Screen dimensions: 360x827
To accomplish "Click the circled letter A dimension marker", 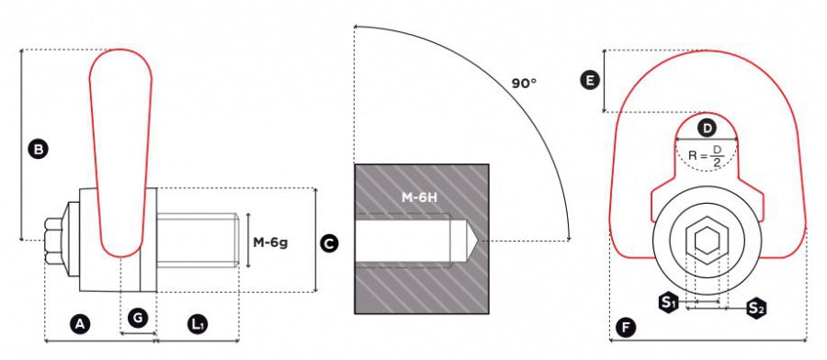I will click(80, 322).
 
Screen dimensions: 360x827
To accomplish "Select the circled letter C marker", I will click(328, 243).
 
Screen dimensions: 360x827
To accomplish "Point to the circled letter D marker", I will click(707, 128).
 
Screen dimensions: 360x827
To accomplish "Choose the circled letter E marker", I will click(593, 82).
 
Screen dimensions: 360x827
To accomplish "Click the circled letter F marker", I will click(626, 327).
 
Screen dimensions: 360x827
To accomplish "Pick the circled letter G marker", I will click(138, 318).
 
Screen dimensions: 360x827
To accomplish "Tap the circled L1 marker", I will click(198, 322).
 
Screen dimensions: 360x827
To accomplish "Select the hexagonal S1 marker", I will click(670, 302).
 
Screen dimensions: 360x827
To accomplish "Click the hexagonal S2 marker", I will click(755, 309).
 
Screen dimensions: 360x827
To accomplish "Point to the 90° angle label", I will click(524, 84).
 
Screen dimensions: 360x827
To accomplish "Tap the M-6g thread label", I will click(270, 242).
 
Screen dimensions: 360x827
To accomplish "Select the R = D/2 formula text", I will click(706, 157).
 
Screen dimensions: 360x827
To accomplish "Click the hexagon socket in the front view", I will click(707, 241).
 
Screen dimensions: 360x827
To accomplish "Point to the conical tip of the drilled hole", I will click(467, 242).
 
